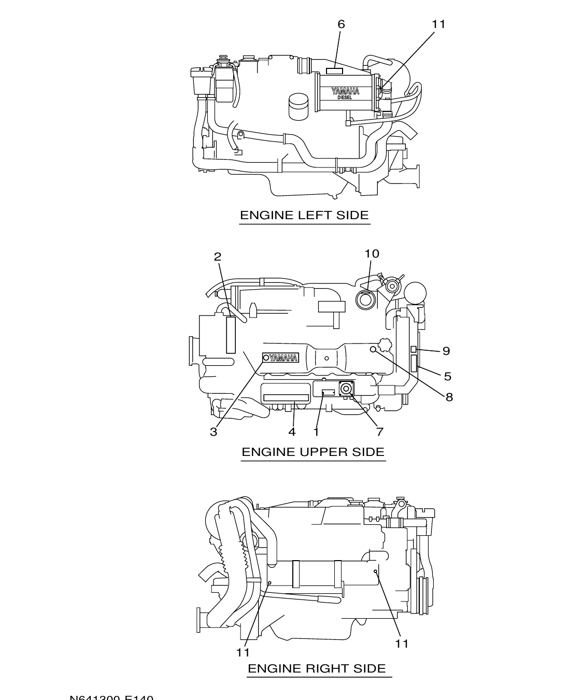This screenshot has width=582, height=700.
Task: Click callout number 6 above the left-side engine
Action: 341,24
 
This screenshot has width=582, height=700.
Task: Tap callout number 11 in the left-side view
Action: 438,24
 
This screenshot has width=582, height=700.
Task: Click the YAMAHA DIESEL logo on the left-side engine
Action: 345,93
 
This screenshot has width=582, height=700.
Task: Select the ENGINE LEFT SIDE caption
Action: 304,215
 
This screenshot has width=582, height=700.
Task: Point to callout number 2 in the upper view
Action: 218,256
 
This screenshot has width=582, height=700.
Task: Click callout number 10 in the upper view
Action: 372,253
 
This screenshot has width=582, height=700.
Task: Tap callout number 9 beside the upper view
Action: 446,351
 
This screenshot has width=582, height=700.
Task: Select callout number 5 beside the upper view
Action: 447,377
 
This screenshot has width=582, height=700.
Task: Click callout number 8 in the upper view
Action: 449,397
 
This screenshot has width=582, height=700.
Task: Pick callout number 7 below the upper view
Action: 379,432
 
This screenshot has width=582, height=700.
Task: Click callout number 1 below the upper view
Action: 316,432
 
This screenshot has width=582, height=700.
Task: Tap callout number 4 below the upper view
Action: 292,432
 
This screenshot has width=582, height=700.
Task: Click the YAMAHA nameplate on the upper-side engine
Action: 281,358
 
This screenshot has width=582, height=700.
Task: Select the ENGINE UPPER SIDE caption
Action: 313,452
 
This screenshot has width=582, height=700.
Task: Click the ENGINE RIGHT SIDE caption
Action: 317,668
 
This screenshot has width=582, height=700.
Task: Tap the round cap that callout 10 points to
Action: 366,299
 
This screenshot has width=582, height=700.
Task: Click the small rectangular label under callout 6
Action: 334,71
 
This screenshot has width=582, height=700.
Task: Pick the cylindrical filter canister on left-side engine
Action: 298,106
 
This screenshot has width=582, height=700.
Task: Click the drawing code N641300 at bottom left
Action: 111,697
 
